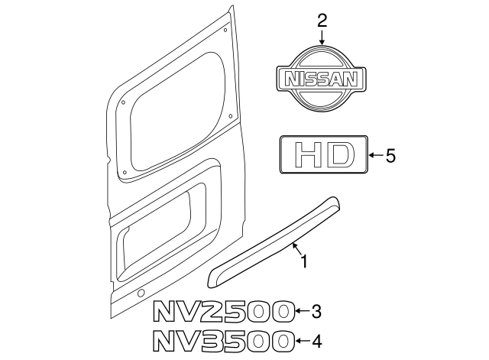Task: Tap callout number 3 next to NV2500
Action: click(x=316, y=311)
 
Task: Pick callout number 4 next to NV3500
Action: click(x=316, y=341)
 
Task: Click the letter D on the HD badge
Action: click(x=339, y=156)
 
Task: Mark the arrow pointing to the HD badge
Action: click(x=374, y=156)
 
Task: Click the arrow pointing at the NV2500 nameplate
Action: click(x=302, y=311)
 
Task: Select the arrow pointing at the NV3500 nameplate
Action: click(x=302, y=341)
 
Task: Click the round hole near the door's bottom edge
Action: click(x=141, y=295)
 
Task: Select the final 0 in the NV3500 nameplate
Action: click(x=282, y=341)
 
